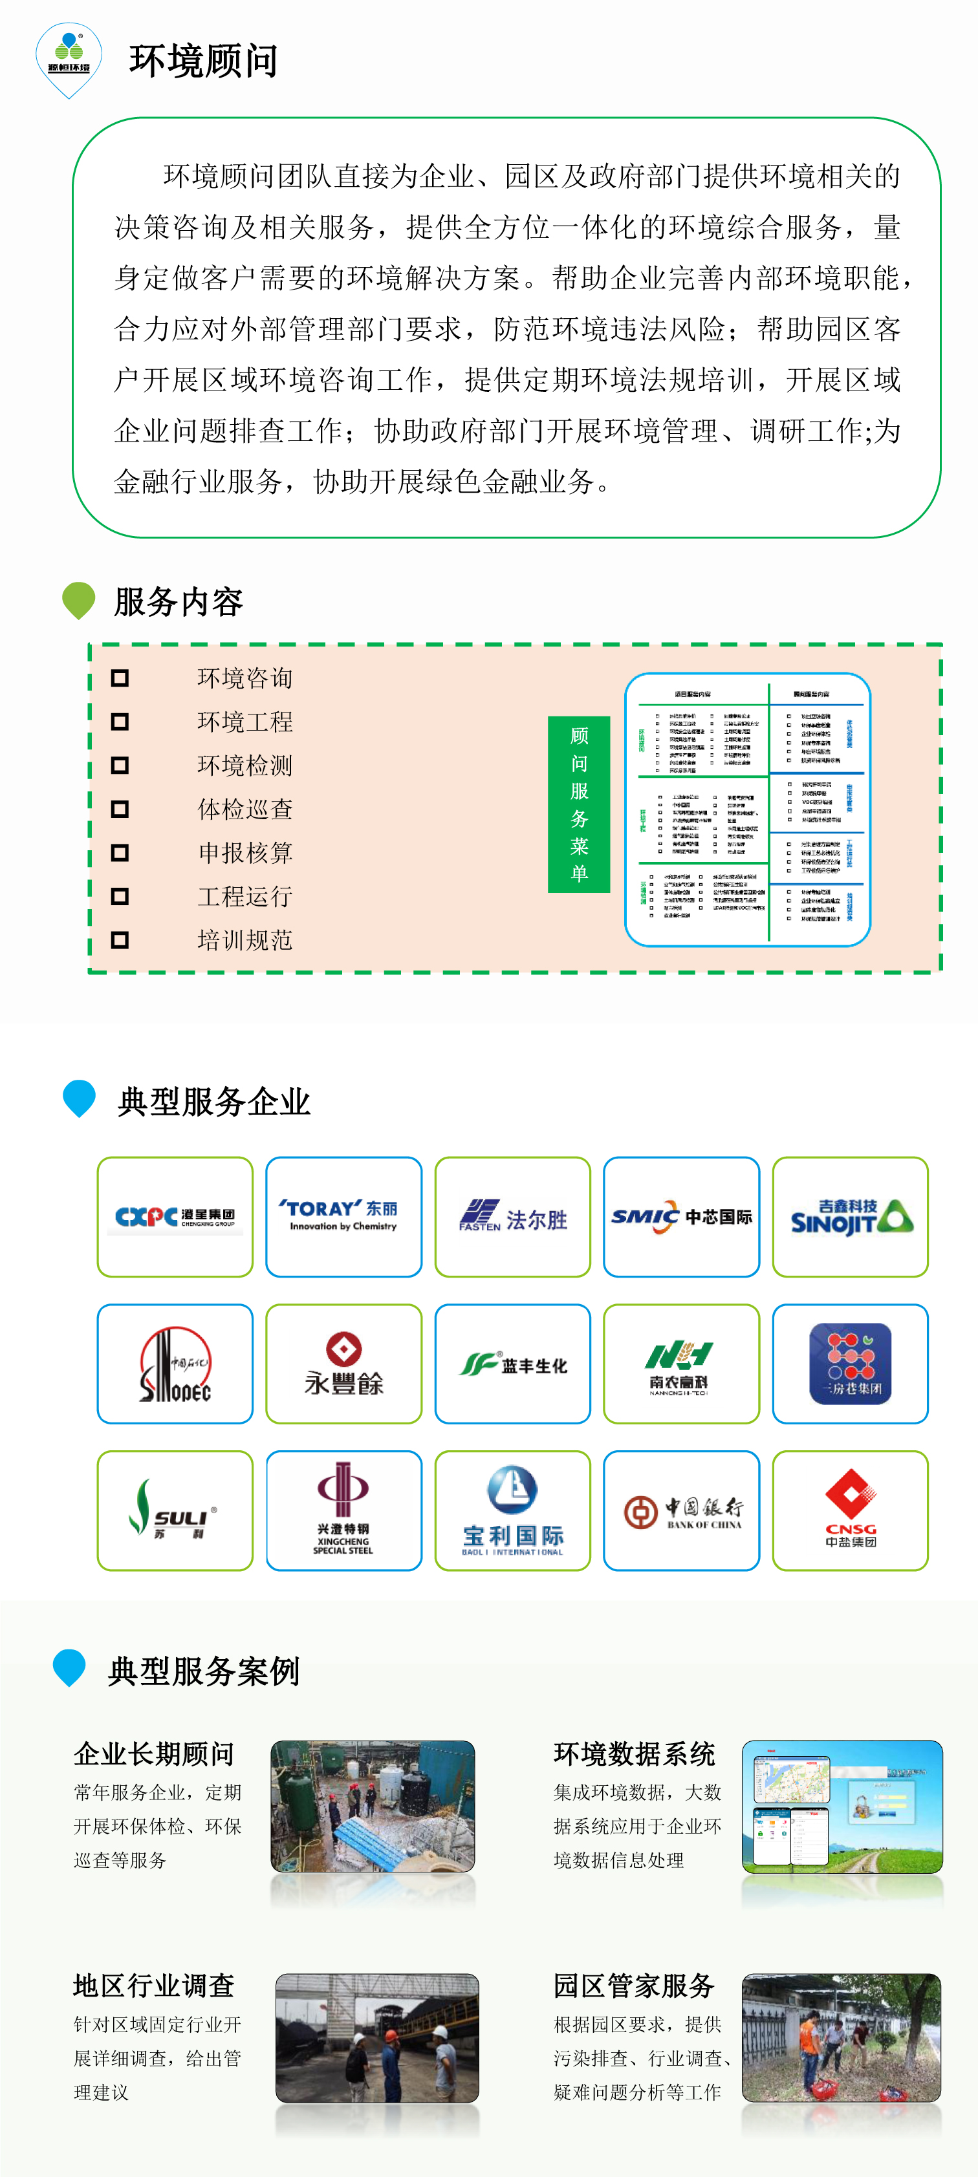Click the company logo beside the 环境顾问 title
tap(69, 59)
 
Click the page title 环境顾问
tap(203, 61)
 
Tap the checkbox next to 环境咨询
tap(120, 678)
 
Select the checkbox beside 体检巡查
tap(120, 809)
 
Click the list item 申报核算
tap(245, 853)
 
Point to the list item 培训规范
tap(245, 939)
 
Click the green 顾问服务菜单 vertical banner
tap(578, 804)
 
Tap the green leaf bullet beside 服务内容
tap(79, 600)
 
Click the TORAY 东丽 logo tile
tap(343, 1216)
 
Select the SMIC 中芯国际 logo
tap(681, 1216)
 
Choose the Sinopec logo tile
tap(175, 1363)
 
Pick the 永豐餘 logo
tap(343, 1363)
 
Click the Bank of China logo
tap(681, 1510)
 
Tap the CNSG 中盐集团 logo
tap(851, 1510)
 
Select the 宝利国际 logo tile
tap(512, 1510)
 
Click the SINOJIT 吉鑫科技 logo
tap(851, 1216)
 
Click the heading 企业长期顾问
tap(154, 1753)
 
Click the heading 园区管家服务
tap(634, 1985)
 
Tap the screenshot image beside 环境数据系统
tap(842, 1806)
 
